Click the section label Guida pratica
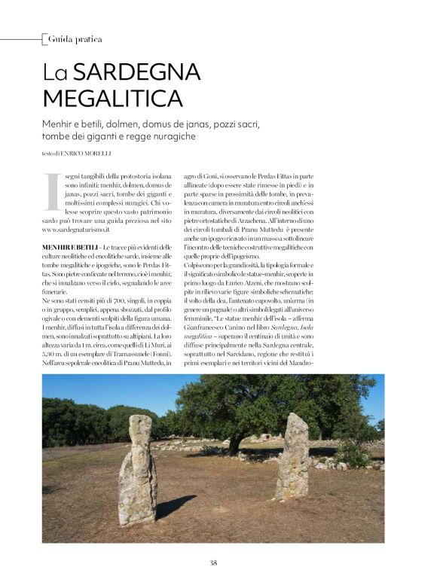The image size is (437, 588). pos(75,38)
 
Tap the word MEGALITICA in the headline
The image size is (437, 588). pos(112,99)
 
